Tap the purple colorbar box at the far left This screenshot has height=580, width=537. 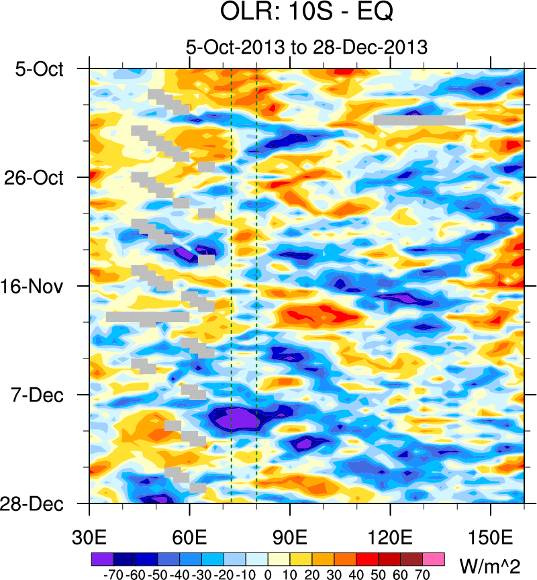101,559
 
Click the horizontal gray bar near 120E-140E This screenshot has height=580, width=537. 420,120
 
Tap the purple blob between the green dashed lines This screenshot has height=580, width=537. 242,420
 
